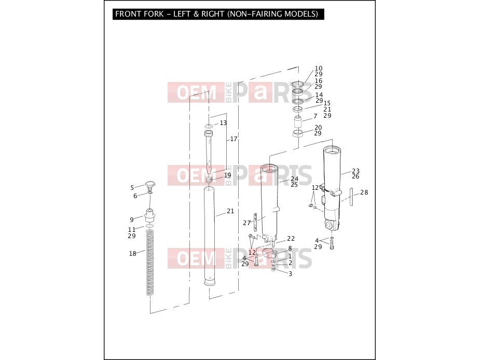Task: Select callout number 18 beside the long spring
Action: pyautogui.click(x=132, y=254)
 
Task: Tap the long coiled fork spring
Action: pyautogui.click(x=149, y=262)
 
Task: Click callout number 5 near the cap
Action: pyautogui.click(x=132, y=188)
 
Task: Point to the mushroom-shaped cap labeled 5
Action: pyautogui.click(x=150, y=185)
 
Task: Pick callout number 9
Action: pyautogui.click(x=132, y=219)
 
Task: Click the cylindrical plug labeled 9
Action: pyautogui.click(x=149, y=216)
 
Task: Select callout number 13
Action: pyautogui.click(x=223, y=123)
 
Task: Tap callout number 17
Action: pyautogui.click(x=234, y=139)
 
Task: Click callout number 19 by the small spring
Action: pyautogui.click(x=227, y=175)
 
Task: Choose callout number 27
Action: pyautogui.click(x=246, y=223)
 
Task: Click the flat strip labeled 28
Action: pyautogui.click(x=351, y=197)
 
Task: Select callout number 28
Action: pyautogui.click(x=364, y=192)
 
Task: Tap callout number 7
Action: pyautogui.click(x=316, y=116)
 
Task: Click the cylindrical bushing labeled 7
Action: pyautogui.click(x=298, y=121)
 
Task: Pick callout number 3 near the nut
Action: pyautogui.click(x=290, y=274)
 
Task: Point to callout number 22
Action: pyautogui.click(x=291, y=239)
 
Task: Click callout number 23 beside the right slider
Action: pyautogui.click(x=355, y=171)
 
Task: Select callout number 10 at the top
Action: pyautogui.click(x=319, y=68)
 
